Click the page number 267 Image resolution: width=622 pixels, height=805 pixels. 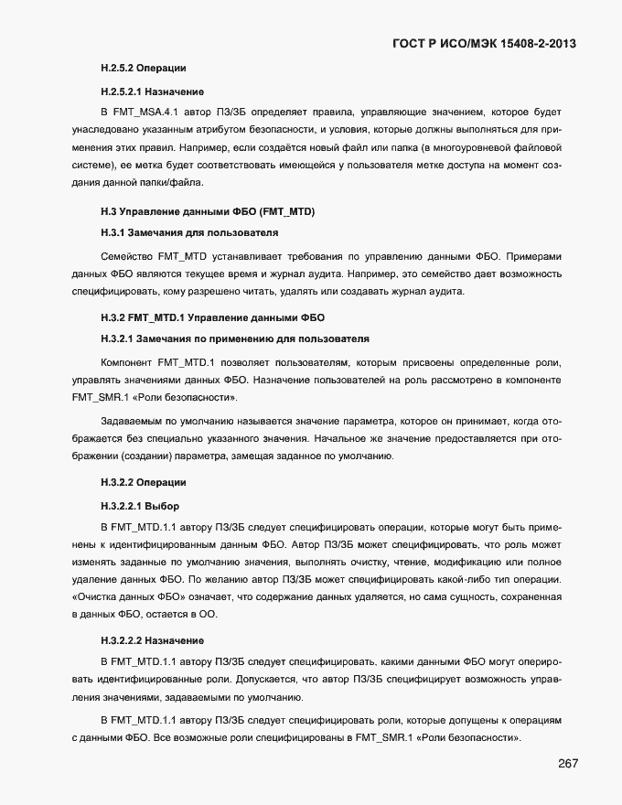[563, 764]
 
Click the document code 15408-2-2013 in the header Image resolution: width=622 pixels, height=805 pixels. [527, 44]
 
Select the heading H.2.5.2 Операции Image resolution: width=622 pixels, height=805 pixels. [144, 69]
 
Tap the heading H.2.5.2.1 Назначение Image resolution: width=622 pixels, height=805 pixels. [153, 91]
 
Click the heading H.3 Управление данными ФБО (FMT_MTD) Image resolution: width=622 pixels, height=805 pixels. [208, 212]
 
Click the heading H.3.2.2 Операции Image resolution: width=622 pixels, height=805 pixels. [144, 482]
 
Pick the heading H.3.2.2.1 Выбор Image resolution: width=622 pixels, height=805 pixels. [140, 506]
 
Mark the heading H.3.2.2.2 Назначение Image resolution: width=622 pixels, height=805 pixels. [153, 639]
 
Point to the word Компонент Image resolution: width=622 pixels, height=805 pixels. [127, 361]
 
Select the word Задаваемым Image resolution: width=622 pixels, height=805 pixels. [130, 422]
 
